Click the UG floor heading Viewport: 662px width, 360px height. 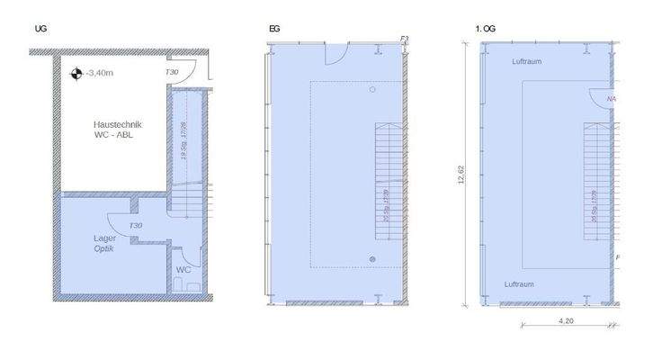(x=40, y=30)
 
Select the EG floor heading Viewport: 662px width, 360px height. (x=273, y=30)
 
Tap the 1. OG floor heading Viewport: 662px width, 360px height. (x=486, y=30)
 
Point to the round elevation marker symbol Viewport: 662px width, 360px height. (x=77, y=74)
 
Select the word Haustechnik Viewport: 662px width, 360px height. (x=118, y=125)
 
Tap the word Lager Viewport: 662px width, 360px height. (x=105, y=238)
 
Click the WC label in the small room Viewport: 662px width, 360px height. (x=183, y=269)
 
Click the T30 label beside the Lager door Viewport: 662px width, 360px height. (x=136, y=226)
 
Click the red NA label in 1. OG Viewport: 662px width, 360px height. (x=612, y=99)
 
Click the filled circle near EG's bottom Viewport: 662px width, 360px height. (x=371, y=258)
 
